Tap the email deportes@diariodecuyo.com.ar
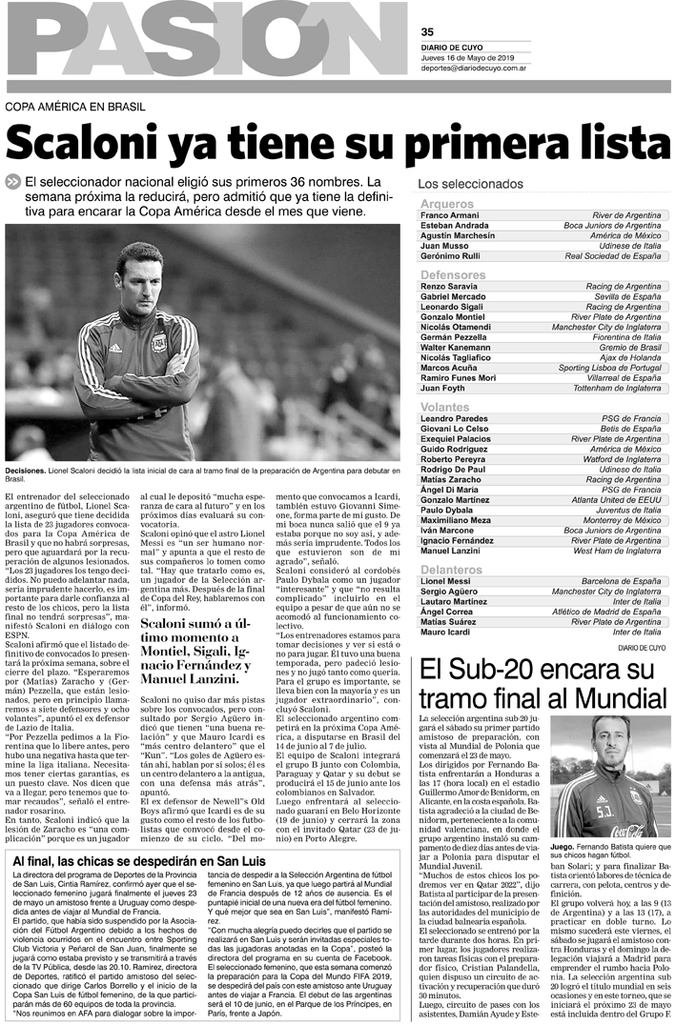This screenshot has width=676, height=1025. pos(478,69)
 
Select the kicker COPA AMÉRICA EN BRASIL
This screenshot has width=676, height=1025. pos(72,106)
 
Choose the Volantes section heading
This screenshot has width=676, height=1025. pos(444,407)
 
